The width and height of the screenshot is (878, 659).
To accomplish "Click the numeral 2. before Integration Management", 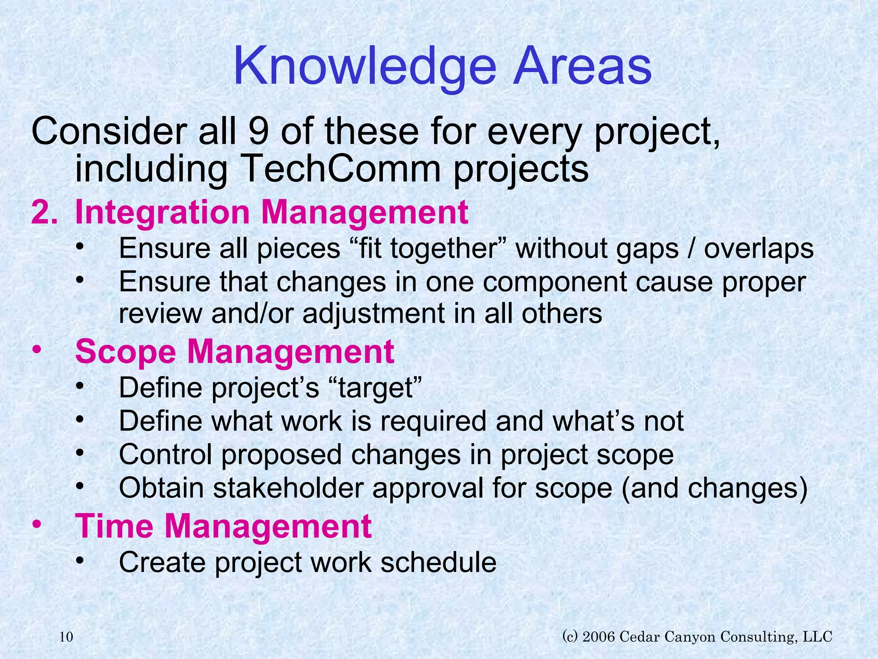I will point(44,212).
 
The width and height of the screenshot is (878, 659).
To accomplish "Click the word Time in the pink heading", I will point(114,526).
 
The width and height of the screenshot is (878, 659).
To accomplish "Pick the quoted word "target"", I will point(376,387).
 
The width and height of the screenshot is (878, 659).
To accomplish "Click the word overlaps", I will point(758,249).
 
